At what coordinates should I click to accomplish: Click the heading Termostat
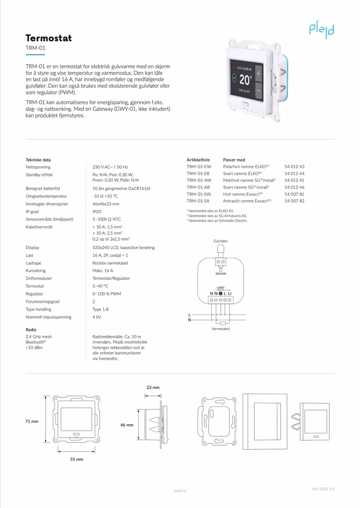49,38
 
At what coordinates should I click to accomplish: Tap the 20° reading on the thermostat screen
245,80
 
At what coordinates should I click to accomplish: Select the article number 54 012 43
294,167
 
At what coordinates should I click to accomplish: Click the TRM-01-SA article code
199,201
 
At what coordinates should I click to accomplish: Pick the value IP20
97,211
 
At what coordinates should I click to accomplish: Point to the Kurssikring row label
39,270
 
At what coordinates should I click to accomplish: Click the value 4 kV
97,317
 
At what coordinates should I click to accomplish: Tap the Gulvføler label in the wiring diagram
220,241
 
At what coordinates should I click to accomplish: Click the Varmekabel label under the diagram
220,329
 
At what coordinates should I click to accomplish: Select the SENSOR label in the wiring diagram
220,274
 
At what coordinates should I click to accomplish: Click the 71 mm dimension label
32,421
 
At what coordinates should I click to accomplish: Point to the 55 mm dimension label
77,459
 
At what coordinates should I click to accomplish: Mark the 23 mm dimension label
152,387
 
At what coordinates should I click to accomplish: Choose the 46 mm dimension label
126,425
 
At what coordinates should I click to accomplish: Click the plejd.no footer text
180,491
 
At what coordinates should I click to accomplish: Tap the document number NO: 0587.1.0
323,489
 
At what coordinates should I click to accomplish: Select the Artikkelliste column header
199,160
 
